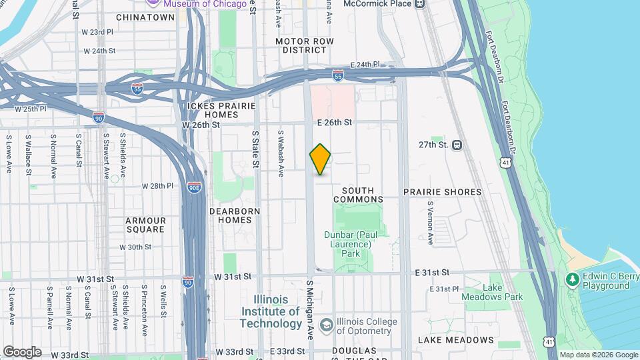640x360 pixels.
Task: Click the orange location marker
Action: pos(321,159)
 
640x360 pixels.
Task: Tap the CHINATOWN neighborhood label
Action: pos(145,17)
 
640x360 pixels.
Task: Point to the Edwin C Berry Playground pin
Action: pos(571,278)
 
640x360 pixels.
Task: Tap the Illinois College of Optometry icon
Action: pos(326,325)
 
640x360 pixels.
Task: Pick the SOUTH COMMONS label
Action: pos(358,195)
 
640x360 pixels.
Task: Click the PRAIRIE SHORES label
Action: pos(442,192)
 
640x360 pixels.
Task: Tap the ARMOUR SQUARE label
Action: pos(145,225)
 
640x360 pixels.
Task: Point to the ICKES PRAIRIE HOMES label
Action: pos(213,110)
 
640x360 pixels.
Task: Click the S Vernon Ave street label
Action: pos(431,223)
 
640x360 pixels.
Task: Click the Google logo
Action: pos(22,352)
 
